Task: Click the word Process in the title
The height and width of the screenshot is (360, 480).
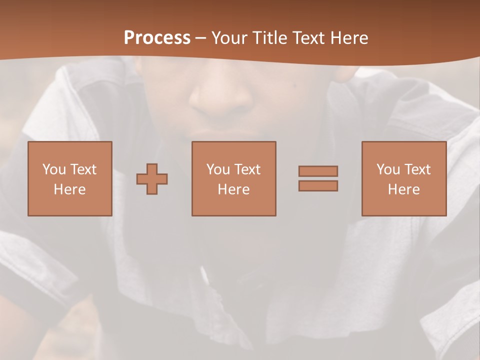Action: coord(157,38)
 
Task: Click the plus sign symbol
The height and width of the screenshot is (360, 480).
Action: coord(152,178)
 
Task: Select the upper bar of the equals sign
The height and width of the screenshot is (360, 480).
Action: coord(318,171)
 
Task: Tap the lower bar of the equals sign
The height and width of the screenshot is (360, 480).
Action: coord(318,185)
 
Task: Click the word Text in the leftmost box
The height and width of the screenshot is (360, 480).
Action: coord(83,169)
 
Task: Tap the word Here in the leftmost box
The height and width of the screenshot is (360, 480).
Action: coord(69,189)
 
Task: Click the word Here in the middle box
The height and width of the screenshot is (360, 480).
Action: coord(233,189)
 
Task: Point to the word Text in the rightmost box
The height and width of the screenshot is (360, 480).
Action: coord(417,169)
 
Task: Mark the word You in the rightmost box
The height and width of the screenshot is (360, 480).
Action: coord(388,169)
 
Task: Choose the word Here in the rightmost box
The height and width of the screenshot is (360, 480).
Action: coord(403,189)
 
